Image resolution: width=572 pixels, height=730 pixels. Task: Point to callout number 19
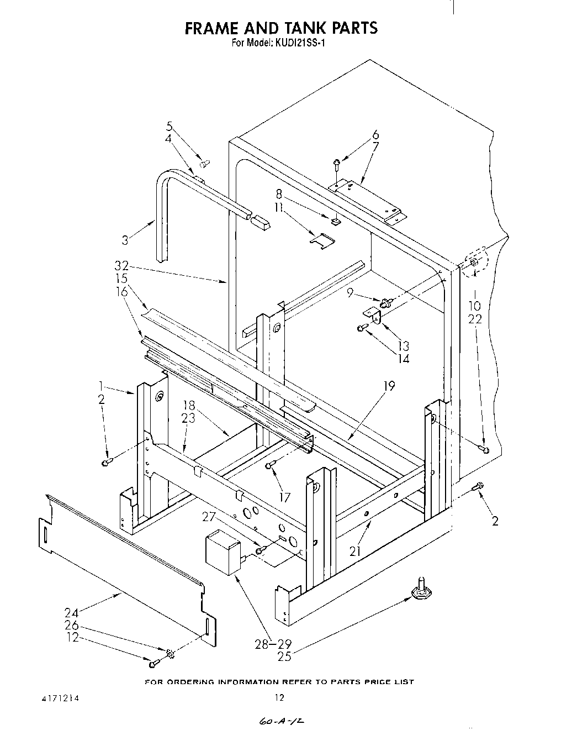(390, 386)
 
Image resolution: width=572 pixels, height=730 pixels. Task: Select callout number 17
(285, 497)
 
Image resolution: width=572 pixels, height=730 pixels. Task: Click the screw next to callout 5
(204, 163)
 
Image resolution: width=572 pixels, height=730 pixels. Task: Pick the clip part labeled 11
(322, 240)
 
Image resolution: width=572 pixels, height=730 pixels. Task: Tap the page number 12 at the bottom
(279, 697)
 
